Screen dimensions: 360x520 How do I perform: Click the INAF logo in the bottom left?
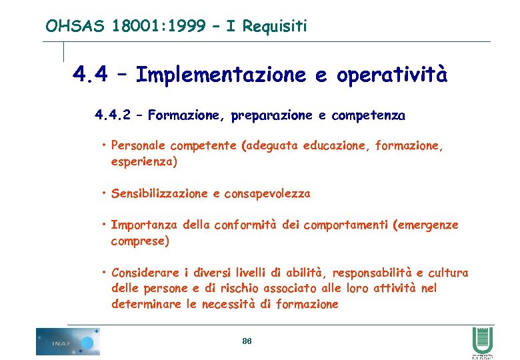coord(67,341)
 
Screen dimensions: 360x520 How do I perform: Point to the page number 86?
coord(247,341)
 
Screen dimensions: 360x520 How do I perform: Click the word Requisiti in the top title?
coord(275,27)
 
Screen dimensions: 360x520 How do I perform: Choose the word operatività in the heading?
coord(392,75)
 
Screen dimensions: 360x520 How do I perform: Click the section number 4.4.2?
coord(117,115)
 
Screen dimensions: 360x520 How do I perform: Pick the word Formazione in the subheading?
coord(187,115)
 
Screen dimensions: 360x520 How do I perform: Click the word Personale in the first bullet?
coord(139,145)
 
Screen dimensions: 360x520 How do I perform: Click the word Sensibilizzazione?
coord(160,194)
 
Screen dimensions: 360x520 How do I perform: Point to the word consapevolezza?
coord(267,194)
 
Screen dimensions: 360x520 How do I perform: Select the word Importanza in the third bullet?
coord(145,225)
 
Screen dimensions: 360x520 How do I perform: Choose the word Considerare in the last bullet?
coord(146,273)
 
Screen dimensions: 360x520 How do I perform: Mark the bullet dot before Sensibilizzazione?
coord(105,193)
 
